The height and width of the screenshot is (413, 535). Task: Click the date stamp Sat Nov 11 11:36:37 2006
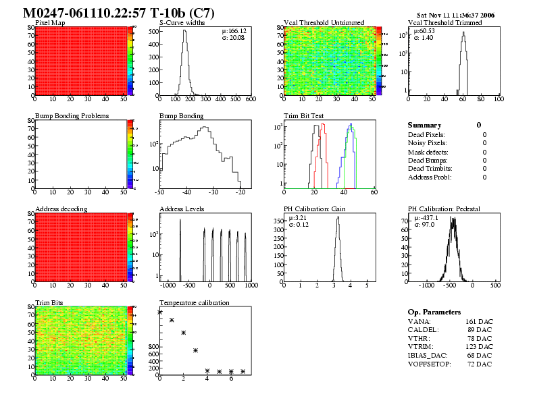pos(457,14)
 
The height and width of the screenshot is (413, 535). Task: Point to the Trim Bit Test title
pos(305,116)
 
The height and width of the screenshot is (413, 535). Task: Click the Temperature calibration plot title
pos(195,302)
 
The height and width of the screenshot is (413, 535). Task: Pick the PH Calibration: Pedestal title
pos(444,209)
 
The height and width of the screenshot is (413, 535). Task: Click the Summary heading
pos(424,126)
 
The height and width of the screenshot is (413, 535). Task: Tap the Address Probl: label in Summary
pos(430,177)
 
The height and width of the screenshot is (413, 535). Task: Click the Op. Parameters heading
pos(434,312)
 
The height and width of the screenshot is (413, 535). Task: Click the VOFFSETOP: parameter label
pos(431,364)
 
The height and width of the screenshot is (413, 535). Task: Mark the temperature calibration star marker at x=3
pos(195,350)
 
